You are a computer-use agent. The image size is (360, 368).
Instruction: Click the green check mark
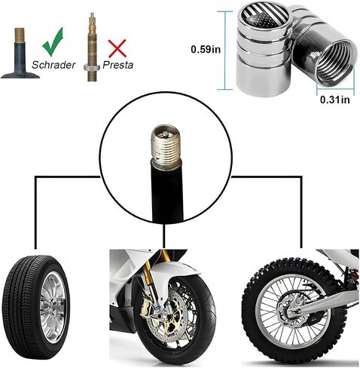52,43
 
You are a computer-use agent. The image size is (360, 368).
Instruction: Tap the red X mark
117,48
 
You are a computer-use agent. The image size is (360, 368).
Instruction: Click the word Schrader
53,65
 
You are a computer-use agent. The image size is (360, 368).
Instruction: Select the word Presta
117,65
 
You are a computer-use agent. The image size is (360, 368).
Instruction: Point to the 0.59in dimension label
206,49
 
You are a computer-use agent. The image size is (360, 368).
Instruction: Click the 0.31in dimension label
335,100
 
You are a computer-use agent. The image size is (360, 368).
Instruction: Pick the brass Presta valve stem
92,47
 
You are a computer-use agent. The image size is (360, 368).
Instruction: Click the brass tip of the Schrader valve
20,35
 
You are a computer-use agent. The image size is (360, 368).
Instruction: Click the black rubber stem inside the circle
167,193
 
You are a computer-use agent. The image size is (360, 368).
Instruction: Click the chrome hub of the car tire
53,308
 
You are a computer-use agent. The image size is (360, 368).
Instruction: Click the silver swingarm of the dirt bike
324,301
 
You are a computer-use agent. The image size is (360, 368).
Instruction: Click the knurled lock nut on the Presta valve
92,67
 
